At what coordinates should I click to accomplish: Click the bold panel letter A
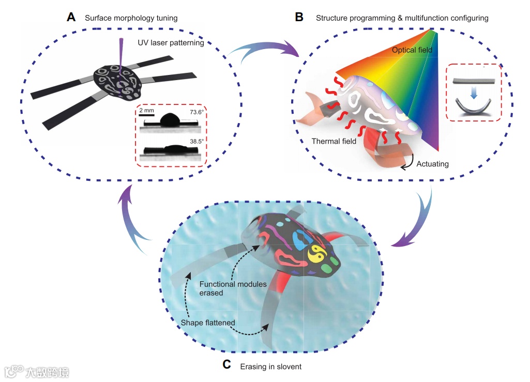pos(72,18)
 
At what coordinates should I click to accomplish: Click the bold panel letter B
pos(299,18)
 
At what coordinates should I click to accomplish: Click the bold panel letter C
pos(226,365)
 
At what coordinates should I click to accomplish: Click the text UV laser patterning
pos(171,43)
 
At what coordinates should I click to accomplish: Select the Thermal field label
pos(334,141)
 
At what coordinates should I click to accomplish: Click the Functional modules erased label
pos(233,288)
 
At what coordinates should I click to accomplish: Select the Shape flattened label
pos(208,323)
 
